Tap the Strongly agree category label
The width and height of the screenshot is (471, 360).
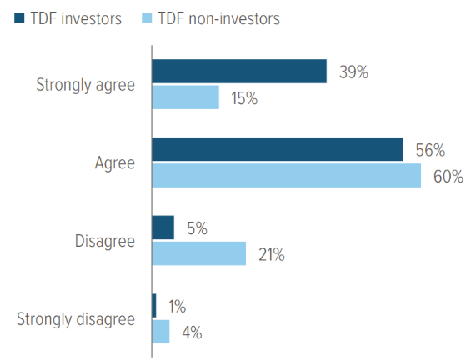(85, 85)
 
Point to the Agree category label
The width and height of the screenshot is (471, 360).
(114, 163)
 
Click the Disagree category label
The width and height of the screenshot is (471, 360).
(103, 241)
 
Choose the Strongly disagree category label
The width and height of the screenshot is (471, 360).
(74, 319)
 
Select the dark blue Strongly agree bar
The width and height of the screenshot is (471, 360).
(238, 72)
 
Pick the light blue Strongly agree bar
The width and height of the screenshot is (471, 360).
(185, 97)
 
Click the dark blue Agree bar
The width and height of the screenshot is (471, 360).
(277, 150)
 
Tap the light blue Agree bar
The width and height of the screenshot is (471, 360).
(286, 176)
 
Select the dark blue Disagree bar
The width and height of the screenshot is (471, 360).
(163, 227)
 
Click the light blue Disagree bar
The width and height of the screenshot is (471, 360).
(198, 253)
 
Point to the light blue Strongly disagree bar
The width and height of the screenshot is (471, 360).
(161, 332)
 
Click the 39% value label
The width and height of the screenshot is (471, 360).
(353, 72)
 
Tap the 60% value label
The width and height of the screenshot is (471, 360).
(448, 177)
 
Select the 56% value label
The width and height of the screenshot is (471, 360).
(429, 151)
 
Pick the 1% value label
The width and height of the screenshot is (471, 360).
(176, 307)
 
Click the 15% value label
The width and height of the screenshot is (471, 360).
(243, 98)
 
